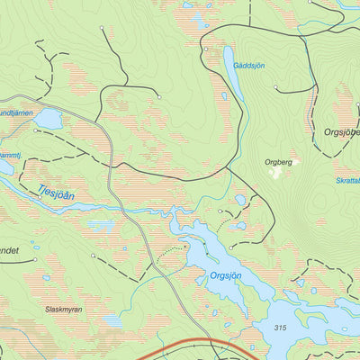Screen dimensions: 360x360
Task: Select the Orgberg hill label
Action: click(x=279, y=162)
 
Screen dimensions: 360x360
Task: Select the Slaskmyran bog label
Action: click(x=64, y=309)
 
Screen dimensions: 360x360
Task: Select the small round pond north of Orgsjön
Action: click(x=240, y=201)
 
